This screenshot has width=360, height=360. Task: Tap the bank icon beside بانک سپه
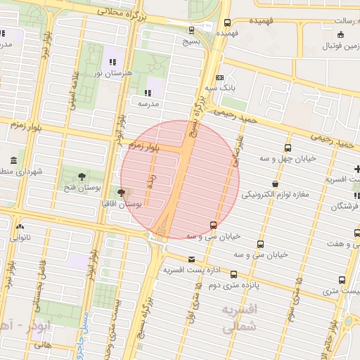(220, 77)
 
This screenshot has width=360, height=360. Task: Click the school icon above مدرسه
(148, 92)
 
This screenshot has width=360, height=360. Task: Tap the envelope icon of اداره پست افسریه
(192, 259)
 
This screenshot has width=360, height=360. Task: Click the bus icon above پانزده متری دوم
(233, 275)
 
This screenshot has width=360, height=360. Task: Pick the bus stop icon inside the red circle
(213, 225)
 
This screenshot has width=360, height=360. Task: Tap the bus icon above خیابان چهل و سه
(288, 148)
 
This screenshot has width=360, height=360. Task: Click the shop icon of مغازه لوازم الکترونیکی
(274, 184)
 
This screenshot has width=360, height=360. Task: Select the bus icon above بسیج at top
(192, 30)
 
